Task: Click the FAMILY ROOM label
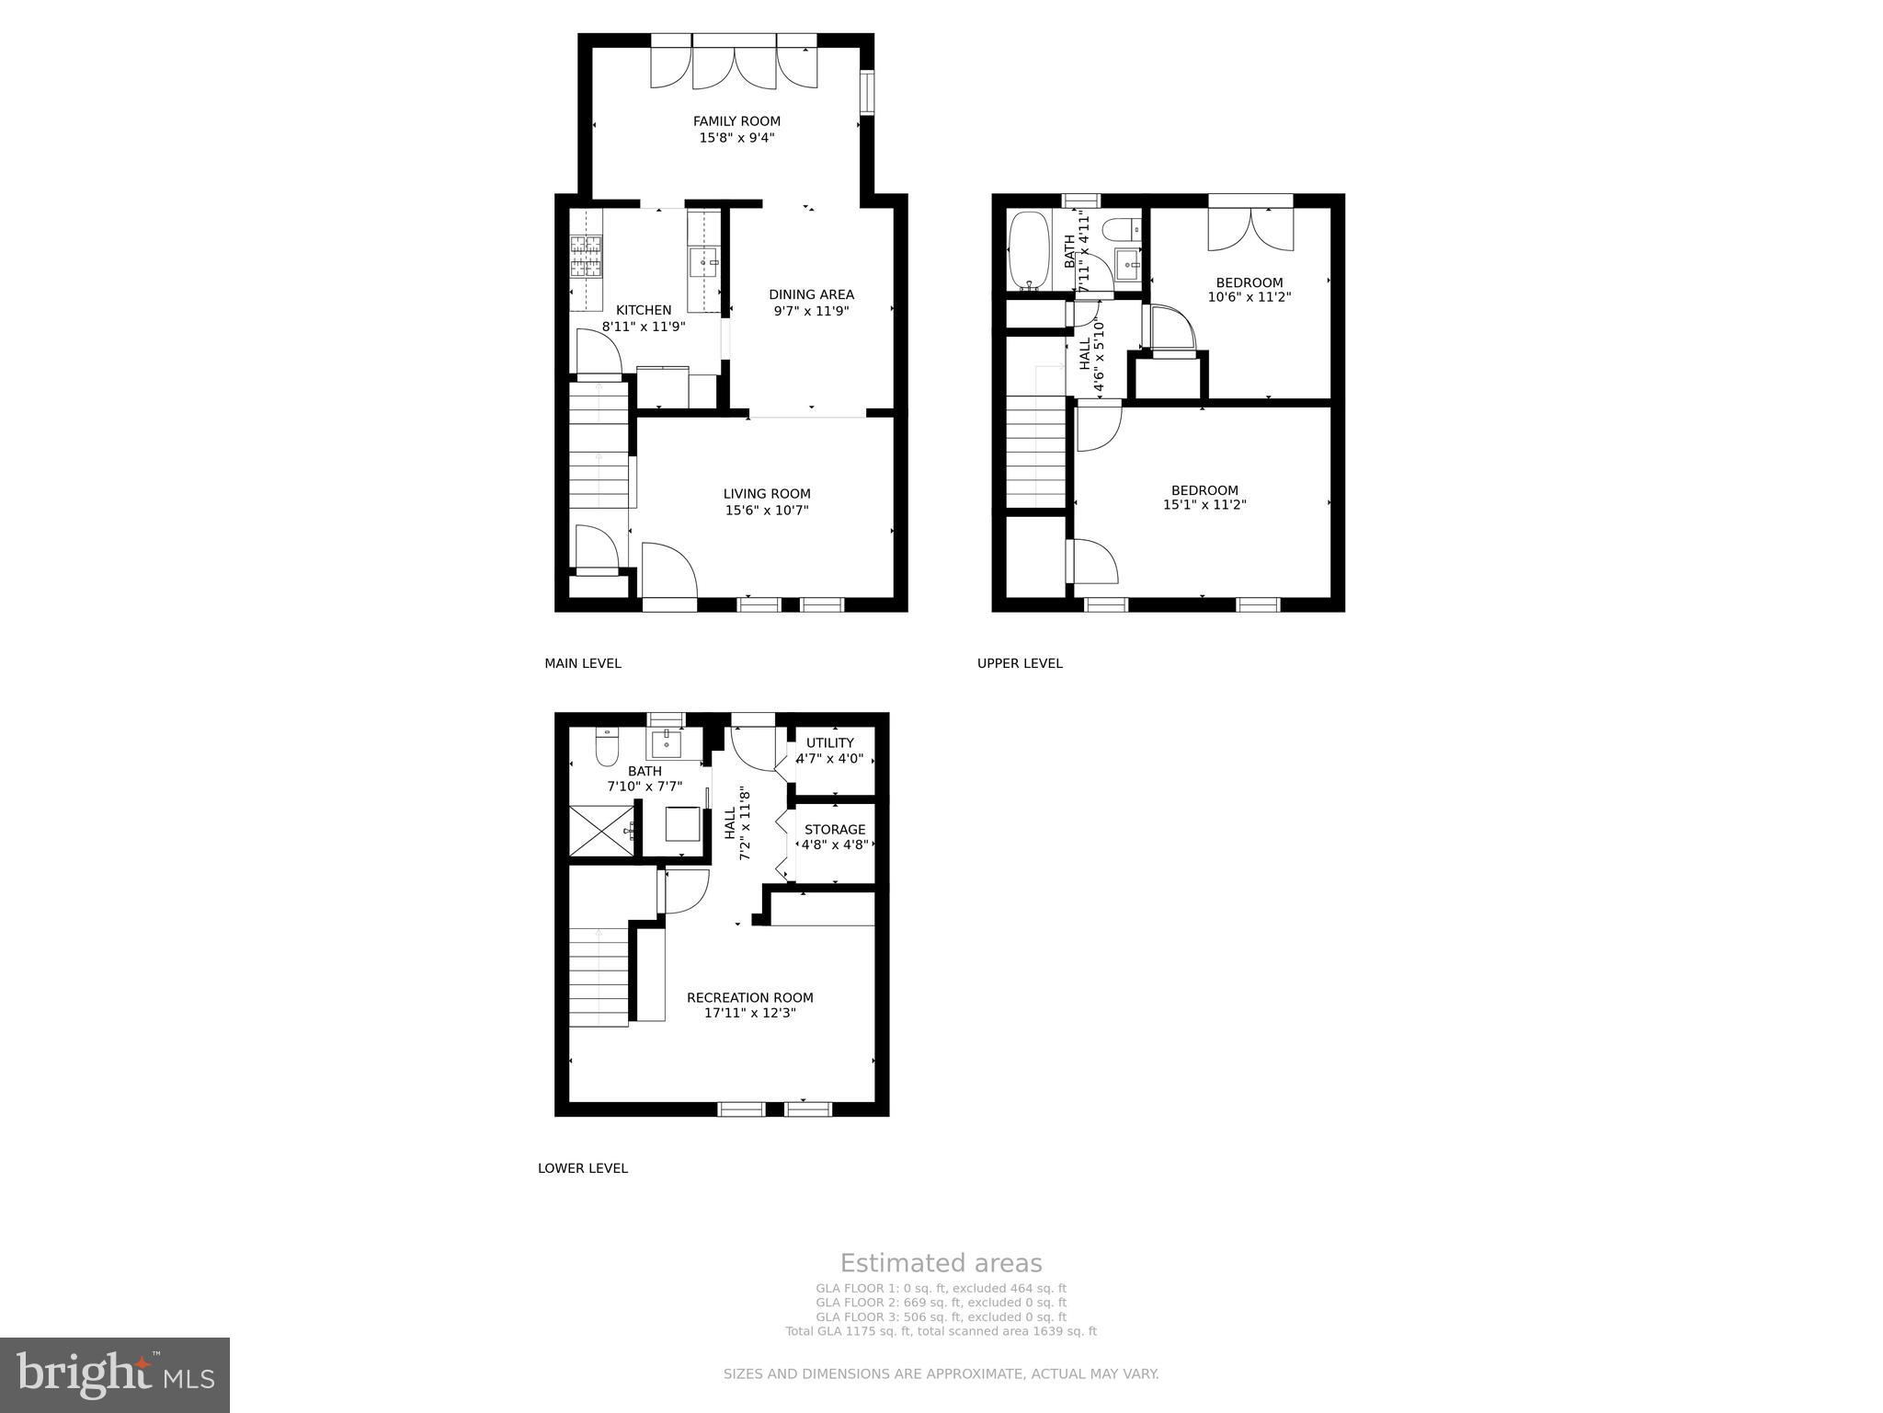[736, 121]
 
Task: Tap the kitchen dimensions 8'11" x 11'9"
[644, 327]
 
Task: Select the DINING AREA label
[811, 294]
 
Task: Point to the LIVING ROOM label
[767, 494]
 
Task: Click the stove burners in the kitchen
[586, 257]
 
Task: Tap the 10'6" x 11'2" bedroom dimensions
[1250, 297]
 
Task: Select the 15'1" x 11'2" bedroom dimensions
[1204, 505]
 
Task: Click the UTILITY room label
[830, 742]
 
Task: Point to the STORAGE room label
[835, 830]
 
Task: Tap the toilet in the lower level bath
[607, 748]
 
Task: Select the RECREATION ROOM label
[750, 997]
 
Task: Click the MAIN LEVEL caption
[583, 663]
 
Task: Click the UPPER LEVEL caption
[1020, 663]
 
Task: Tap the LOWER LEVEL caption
[583, 1168]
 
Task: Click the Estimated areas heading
[941, 1263]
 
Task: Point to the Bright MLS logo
[115, 1374]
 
